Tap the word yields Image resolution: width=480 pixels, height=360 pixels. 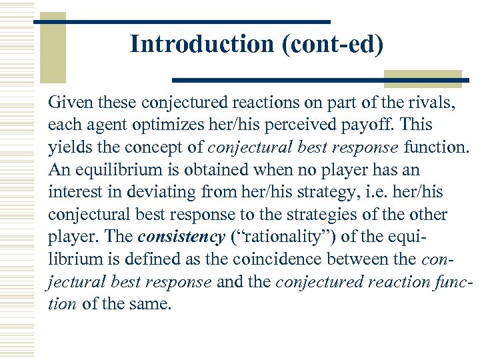click(x=67, y=147)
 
